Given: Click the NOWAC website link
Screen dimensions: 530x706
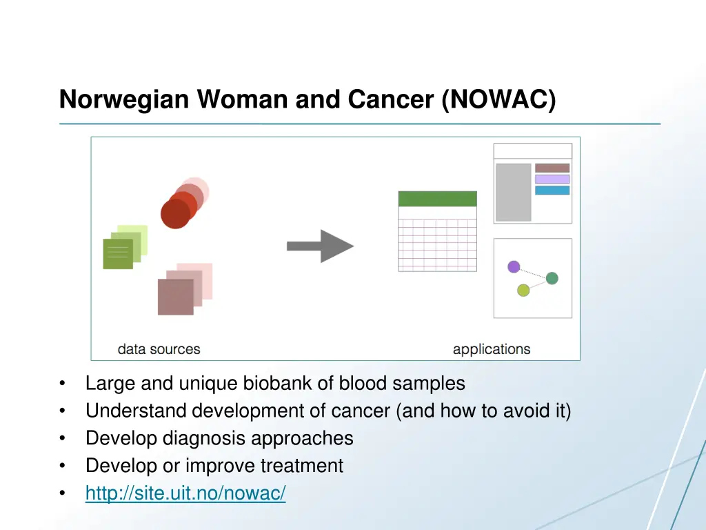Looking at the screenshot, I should pyautogui.click(x=185, y=493).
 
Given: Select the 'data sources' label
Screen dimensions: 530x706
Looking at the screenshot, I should pyautogui.click(x=159, y=349).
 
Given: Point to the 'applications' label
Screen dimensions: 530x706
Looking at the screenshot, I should pyautogui.click(x=492, y=349).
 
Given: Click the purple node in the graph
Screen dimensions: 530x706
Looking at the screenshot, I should pyautogui.click(x=514, y=266).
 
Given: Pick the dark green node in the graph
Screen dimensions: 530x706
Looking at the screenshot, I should pyautogui.click(x=552, y=278).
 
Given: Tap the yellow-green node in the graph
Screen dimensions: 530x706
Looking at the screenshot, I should pyautogui.click(x=523, y=290).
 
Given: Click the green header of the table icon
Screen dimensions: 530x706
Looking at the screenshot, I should pyautogui.click(x=437, y=199).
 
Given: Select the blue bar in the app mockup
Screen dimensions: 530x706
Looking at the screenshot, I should pyautogui.click(x=552, y=190).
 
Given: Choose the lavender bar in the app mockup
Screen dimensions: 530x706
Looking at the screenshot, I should pyautogui.click(x=552, y=179).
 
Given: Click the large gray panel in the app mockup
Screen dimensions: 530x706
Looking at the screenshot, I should pyautogui.click(x=514, y=192).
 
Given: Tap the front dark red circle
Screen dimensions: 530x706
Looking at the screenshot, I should pyautogui.click(x=175, y=214).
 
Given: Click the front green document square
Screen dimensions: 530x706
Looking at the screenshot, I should pyautogui.click(x=118, y=253).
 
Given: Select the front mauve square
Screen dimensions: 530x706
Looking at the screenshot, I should pyautogui.click(x=175, y=297).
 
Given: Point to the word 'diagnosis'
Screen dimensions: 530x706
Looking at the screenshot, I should pyautogui.click(x=204, y=438).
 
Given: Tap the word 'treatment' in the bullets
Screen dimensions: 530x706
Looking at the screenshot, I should pyautogui.click(x=301, y=466).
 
